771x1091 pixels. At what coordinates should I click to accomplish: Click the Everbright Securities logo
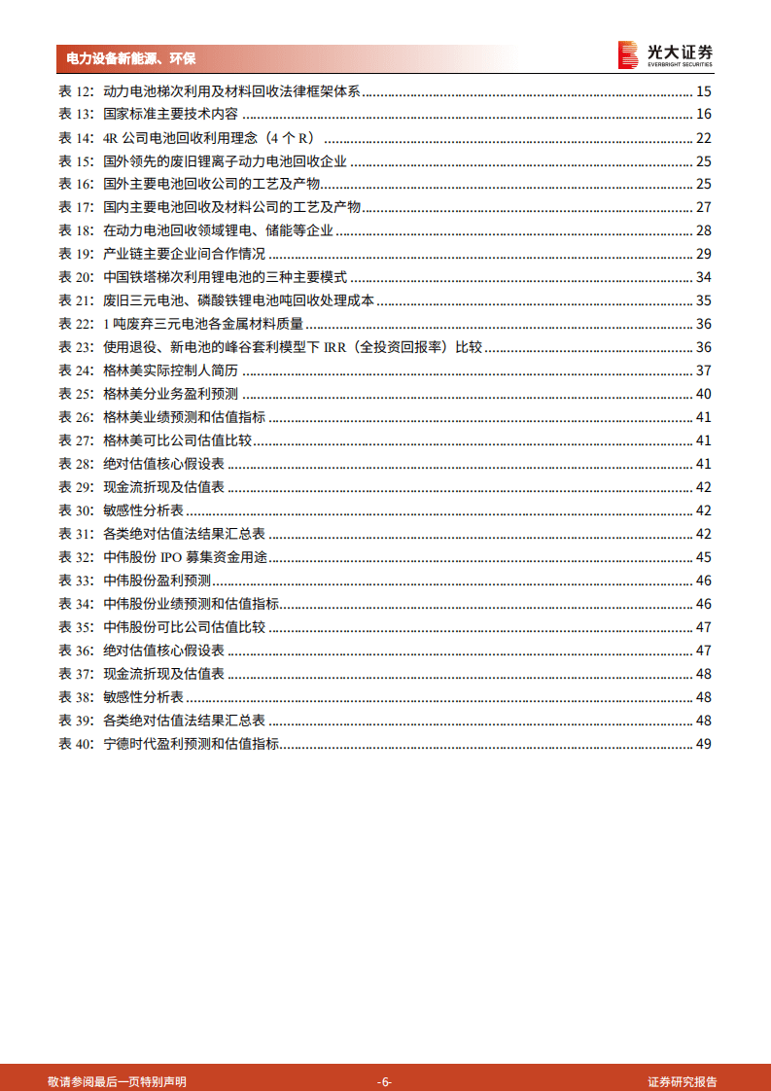pyautogui.click(x=665, y=55)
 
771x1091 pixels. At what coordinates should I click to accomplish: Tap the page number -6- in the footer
pyautogui.click(x=385, y=1081)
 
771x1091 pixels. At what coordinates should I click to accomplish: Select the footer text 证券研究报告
pyautogui.click(x=683, y=1081)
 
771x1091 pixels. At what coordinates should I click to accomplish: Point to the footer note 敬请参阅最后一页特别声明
pyautogui.click(x=117, y=1081)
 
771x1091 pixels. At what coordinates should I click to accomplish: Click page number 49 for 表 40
pyautogui.click(x=704, y=744)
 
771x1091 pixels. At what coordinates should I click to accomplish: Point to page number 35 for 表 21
pyautogui.click(x=704, y=300)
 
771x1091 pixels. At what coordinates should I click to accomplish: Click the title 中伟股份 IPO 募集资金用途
pyautogui.click(x=185, y=557)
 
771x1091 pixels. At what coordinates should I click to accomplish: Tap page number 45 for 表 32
pyautogui.click(x=704, y=557)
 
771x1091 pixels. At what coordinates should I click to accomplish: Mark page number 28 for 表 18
pyautogui.click(x=704, y=230)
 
